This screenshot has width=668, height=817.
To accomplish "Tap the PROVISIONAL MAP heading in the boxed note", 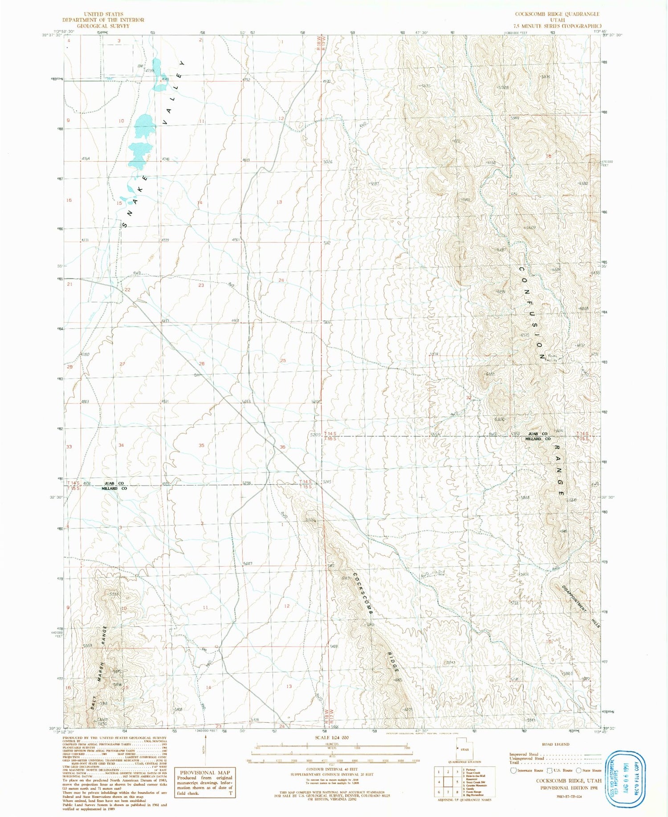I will point(205,772).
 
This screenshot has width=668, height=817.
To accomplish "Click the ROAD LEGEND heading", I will point(555,744).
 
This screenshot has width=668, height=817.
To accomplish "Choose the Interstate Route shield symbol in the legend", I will point(513,770).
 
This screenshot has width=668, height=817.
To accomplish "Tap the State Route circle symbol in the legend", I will point(578,770).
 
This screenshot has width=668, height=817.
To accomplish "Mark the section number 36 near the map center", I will point(282,447).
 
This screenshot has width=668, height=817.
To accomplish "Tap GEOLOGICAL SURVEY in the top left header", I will point(103,26).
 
